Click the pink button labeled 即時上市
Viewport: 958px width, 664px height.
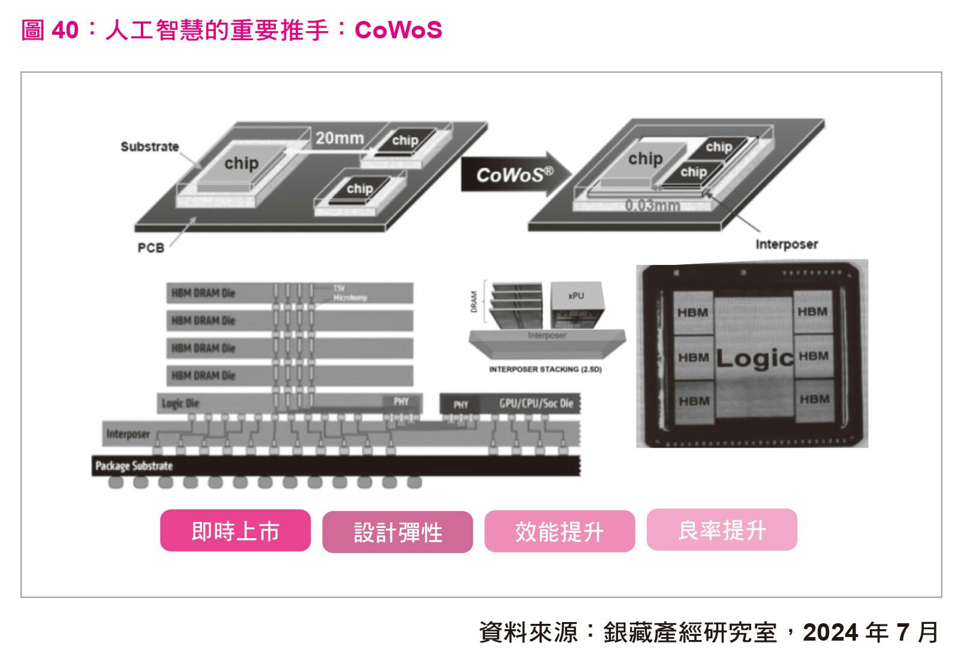[x=235, y=531]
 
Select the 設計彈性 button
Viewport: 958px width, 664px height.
[x=397, y=532]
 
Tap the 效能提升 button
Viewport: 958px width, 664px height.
[x=559, y=532]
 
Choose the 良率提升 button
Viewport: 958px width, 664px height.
[x=722, y=530]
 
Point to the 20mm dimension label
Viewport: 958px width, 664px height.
[x=339, y=138]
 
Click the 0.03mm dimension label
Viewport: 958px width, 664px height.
[x=652, y=206]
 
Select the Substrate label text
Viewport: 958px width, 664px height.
[x=149, y=147]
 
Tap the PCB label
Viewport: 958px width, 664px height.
[x=150, y=248]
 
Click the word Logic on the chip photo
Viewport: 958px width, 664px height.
[x=754, y=358]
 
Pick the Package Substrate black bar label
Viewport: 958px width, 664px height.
[x=134, y=466]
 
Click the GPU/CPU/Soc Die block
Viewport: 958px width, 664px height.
[x=535, y=404]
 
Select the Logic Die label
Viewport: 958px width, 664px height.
[x=180, y=403]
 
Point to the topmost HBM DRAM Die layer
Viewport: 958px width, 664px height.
[x=290, y=293]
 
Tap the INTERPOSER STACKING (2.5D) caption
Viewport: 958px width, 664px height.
[x=545, y=369]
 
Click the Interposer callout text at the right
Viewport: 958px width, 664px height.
[x=786, y=245]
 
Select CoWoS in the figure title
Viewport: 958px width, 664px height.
[x=398, y=30]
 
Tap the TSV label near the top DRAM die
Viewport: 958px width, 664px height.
[x=339, y=288]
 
